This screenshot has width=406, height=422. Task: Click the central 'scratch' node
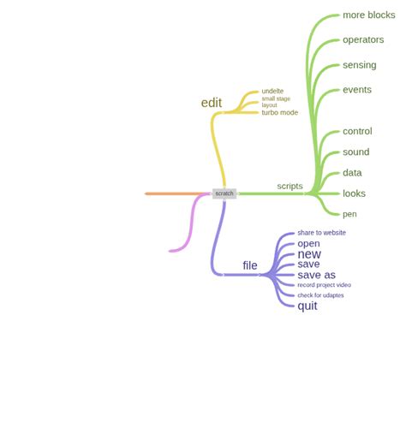coord(224,193)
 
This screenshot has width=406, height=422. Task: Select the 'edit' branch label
coord(212,104)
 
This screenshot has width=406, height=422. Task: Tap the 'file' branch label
coord(250,266)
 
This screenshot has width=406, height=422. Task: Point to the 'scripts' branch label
coord(290,186)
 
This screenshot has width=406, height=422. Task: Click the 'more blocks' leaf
coord(368,15)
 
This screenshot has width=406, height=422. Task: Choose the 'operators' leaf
coord(363,40)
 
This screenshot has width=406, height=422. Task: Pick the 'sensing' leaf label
coord(359,65)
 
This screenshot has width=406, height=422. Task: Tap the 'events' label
coord(356,90)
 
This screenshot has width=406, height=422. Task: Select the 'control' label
coord(357,132)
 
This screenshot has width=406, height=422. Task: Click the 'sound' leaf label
coord(355,152)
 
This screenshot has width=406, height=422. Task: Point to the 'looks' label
coord(354,193)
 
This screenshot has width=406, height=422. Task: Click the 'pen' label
coord(349,214)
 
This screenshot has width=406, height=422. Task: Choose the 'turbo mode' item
coord(280,113)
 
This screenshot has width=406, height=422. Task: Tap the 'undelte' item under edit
coord(272,91)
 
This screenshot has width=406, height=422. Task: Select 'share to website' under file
coord(321,233)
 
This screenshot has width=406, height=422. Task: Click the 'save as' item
coord(316,276)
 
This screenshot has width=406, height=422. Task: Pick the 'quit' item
coord(307,306)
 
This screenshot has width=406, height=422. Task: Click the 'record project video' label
coord(324,285)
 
